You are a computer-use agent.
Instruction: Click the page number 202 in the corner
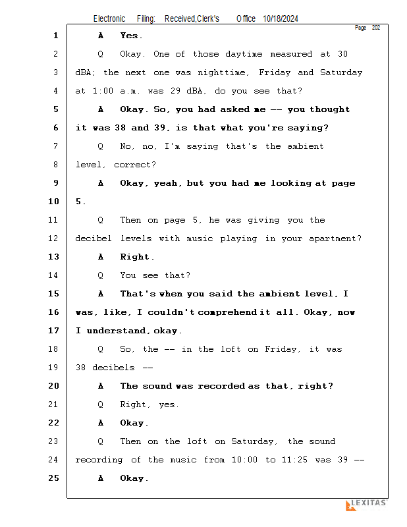point(375,28)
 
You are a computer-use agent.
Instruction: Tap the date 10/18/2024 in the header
point(280,19)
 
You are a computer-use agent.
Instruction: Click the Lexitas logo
point(366,505)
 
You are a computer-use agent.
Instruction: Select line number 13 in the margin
point(53,257)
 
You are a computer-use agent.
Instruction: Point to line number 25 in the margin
point(53,478)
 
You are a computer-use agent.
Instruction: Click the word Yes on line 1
point(130,36)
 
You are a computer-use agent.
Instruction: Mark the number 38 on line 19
point(82,368)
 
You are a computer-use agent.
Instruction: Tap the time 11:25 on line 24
point(296,460)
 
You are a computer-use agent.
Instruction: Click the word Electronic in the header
point(109,19)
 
